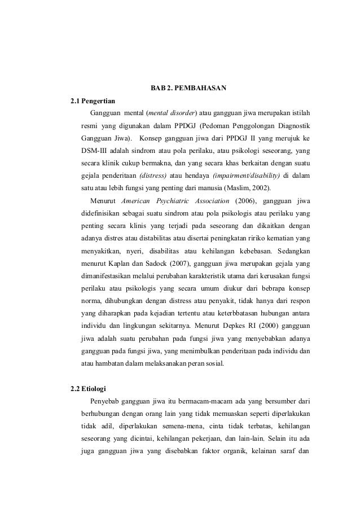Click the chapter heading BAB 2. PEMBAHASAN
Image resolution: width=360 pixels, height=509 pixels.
pos(188,89)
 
